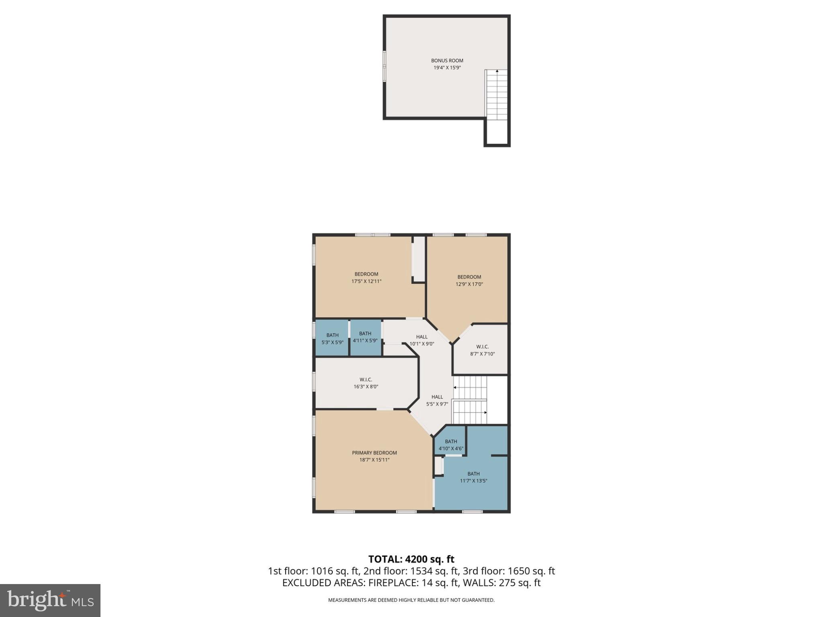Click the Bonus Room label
[447, 61]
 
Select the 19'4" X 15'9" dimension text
[447, 68]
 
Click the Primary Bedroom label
[374, 453]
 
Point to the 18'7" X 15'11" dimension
[374, 460]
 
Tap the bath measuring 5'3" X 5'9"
[332, 339]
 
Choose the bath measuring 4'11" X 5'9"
[365, 337]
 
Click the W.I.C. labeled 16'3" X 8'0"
[366, 383]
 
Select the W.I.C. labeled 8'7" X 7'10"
[482, 350]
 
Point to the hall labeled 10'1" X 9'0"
[422, 340]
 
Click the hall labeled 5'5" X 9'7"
[437, 400]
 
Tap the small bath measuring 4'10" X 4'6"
[450, 445]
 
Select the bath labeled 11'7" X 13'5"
[473, 477]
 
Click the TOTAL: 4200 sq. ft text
[411, 559]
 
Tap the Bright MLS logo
[50, 601]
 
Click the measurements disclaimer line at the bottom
[411, 600]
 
